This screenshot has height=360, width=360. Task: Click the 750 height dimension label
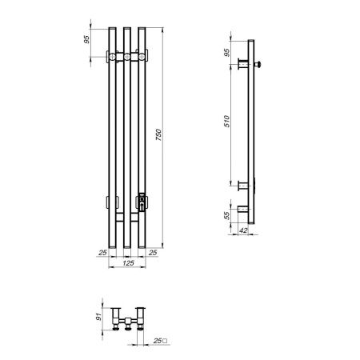158,134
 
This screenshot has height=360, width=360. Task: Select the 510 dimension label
226,122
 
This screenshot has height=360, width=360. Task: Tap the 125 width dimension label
128,263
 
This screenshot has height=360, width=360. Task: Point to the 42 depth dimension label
243,230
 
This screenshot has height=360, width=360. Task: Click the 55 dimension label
226,215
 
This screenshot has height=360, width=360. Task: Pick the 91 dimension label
98,317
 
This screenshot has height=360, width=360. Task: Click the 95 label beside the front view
87,39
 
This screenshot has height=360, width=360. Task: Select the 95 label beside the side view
226,53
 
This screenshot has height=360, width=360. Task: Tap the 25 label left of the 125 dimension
102,253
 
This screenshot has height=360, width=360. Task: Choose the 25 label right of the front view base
153,253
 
